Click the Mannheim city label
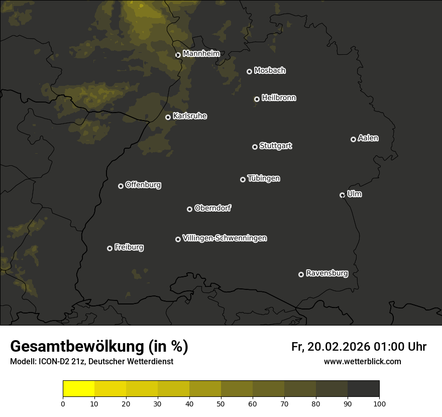coord(201,54)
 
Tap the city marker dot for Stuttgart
coord(255,147)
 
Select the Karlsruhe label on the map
coord(190,116)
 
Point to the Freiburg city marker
coord(109,248)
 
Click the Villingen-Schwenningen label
coord(225,238)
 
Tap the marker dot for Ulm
coord(342,195)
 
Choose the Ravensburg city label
coord(326,274)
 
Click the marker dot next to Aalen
coord(353,139)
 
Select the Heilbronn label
coord(279,98)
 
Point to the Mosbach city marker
coord(249,71)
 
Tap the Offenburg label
coord(143,185)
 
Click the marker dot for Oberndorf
coord(189,209)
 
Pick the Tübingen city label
coord(264,178)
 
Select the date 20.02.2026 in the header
coord(337,347)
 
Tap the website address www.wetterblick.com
coord(362,361)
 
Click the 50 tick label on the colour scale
coord(221,403)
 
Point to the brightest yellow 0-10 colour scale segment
coord(79,389)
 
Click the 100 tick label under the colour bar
coord(379,403)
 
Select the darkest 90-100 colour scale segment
coord(363,389)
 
